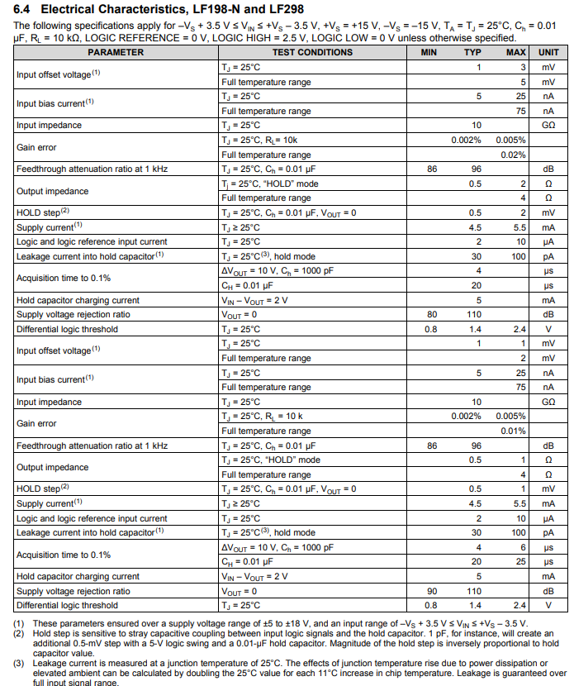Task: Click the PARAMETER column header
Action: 116,52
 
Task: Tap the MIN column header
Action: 429,52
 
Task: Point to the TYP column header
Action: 472,52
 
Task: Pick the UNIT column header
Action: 548,52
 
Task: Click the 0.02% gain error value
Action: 513,155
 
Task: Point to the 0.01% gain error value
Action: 513,431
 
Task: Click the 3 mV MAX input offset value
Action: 523,67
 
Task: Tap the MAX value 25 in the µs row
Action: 520,562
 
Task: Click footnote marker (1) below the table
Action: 19,623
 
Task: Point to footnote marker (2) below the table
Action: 19,633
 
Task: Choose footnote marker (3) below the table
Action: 19,663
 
